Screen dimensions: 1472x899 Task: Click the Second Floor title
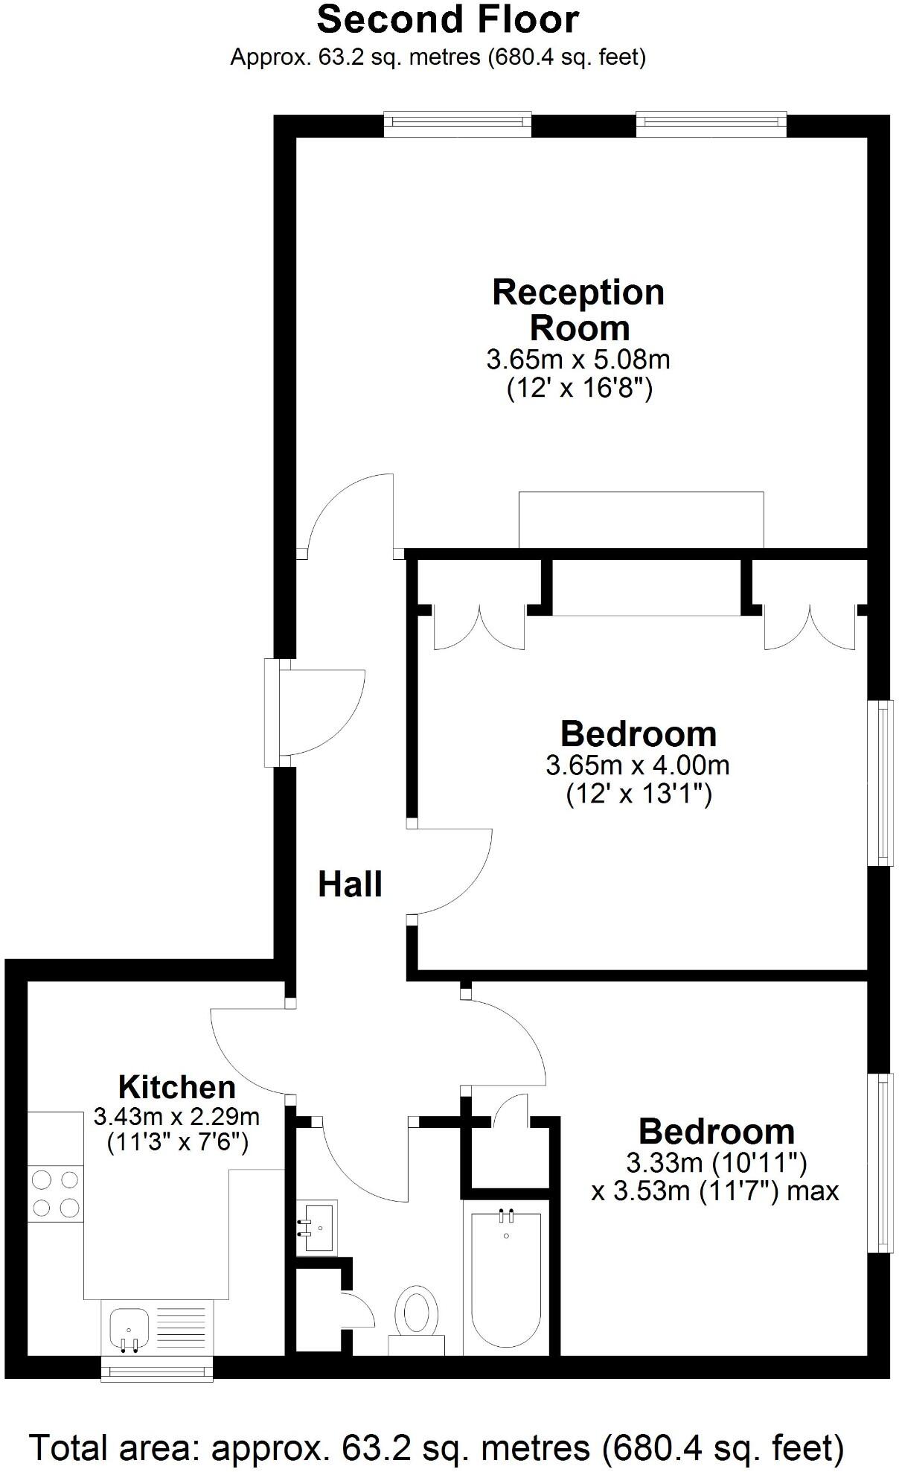pos(447,20)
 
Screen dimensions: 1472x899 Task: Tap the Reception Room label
pos(578,310)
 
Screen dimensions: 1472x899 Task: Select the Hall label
pos(350,884)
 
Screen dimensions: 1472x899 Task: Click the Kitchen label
pos(177,1087)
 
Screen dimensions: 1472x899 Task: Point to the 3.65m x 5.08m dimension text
pos(578,360)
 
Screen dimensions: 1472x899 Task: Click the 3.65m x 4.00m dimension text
pos(638,765)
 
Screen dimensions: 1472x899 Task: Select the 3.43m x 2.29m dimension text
pos(177,1117)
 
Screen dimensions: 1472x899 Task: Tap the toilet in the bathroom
pos(416,1316)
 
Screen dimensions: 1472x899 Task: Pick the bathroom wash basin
pos(317,1226)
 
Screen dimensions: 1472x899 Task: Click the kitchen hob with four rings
pos(56,1194)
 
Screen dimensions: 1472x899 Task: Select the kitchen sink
pos(129,1327)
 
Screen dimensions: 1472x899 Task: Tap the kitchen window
pos(156,1369)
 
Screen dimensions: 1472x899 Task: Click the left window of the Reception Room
pos(458,124)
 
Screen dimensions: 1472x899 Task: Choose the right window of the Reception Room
pos(711,124)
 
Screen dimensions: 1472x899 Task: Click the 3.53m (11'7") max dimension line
pos(714,1191)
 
